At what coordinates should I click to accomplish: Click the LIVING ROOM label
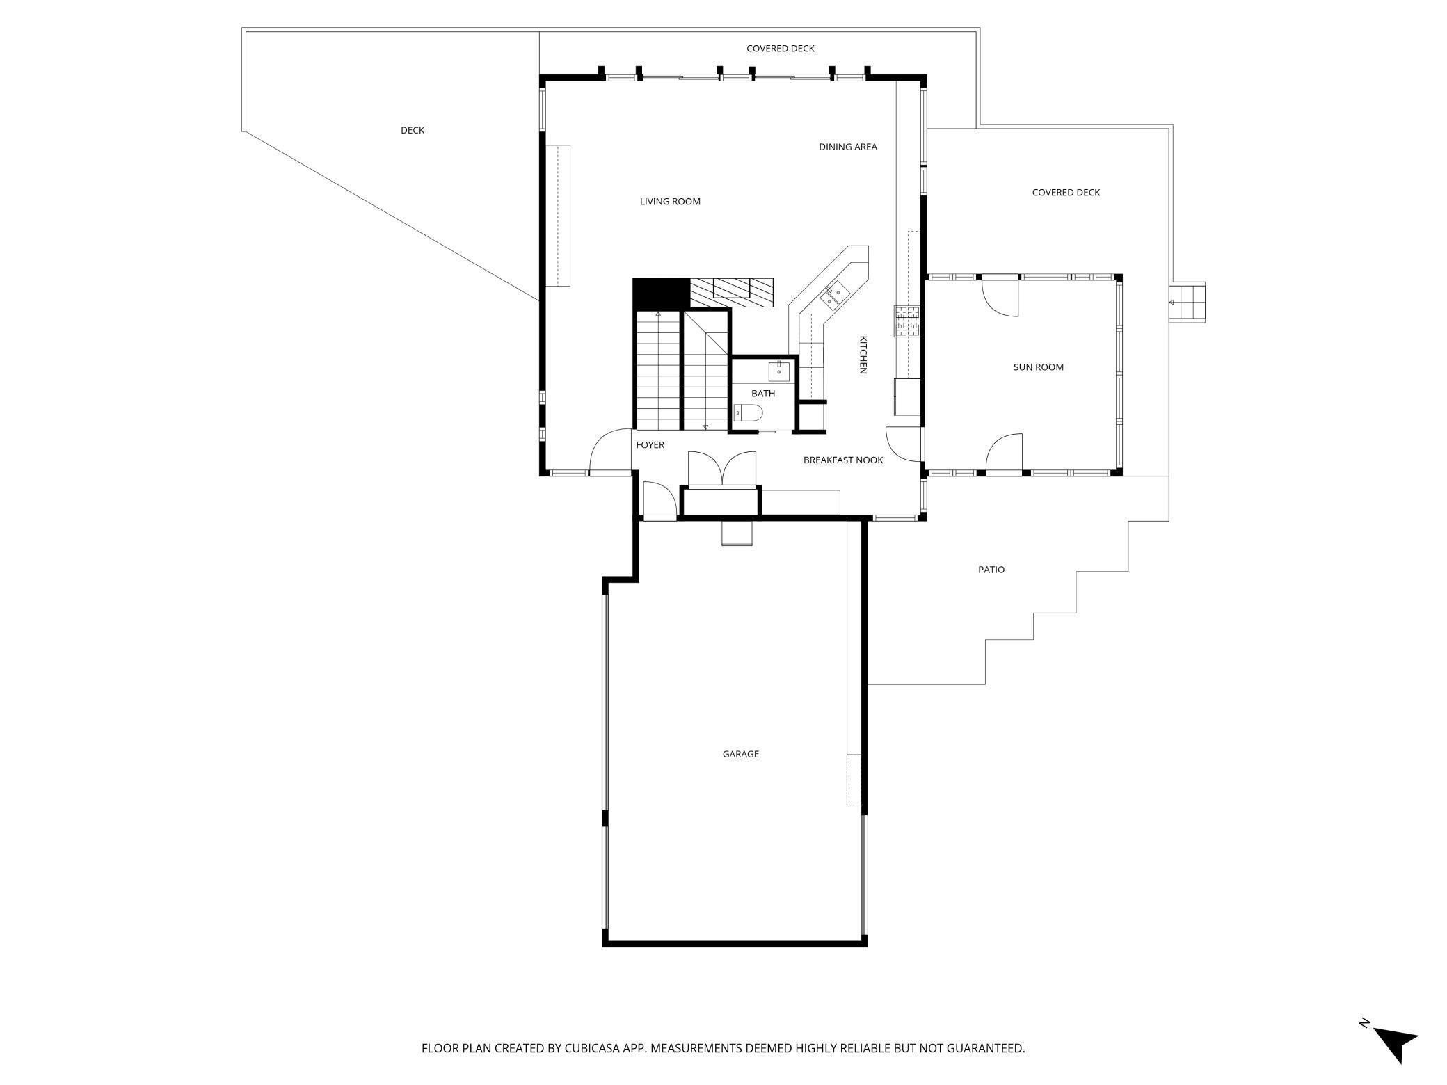point(670,202)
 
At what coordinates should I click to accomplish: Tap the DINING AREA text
point(847,147)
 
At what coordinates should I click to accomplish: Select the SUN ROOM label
point(1038,367)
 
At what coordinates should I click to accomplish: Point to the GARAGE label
point(740,754)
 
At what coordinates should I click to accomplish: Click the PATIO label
point(991,570)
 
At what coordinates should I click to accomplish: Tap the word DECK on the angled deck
point(412,130)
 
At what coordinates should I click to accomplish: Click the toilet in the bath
point(749,414)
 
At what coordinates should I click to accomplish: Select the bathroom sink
point(778,371)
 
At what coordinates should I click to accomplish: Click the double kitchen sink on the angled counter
point(833,296)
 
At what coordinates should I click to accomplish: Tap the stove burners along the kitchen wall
point(907,321)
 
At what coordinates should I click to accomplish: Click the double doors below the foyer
point(721,468)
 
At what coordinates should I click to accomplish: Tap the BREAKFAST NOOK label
point(842,460)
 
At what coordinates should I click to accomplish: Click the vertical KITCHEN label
point(863,355)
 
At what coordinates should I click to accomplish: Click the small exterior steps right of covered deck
point(1188,303)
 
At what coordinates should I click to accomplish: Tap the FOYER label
point(650,445)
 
